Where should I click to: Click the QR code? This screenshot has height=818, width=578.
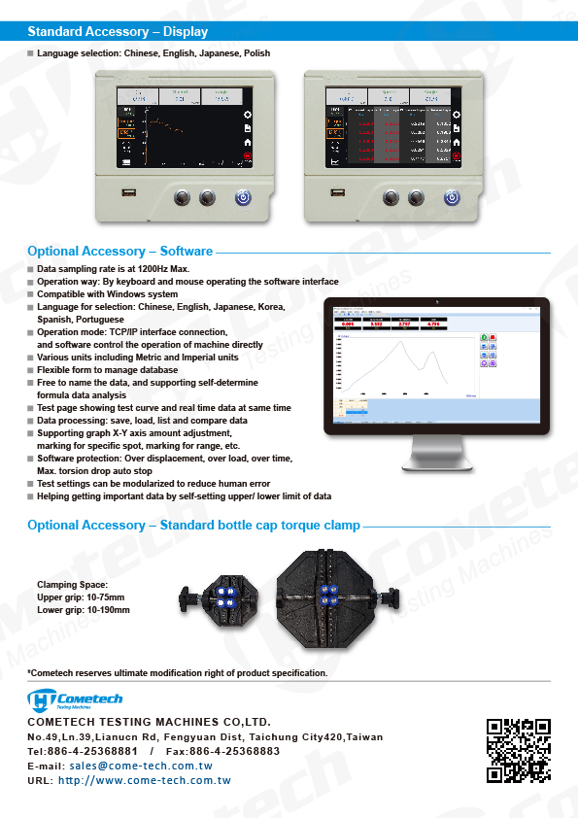[x=519, y=750]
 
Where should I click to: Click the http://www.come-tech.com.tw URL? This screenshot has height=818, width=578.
[x=144, y=780]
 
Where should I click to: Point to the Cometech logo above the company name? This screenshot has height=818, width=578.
[x=62, y=700]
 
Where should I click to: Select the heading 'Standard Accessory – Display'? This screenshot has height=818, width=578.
[x=118, y=32]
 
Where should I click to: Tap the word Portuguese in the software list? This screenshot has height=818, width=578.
[x=94, y=320]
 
